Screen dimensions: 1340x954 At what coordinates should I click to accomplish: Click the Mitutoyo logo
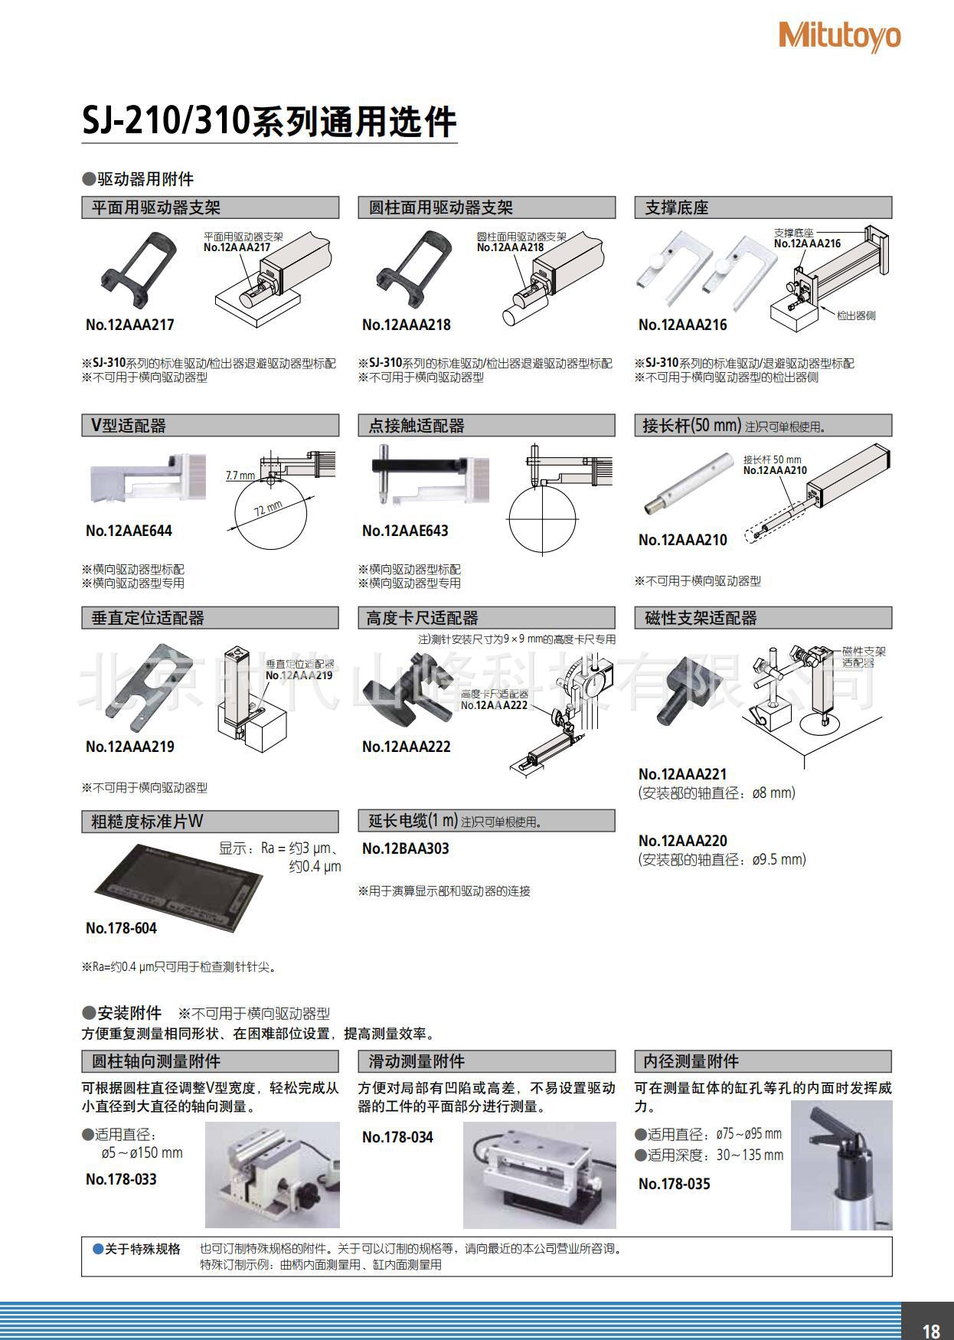click(x=839, y=36)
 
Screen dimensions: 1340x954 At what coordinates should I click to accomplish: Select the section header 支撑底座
click(x=677, y=208)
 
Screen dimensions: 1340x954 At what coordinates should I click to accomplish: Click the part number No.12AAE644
click(x=129, y=531)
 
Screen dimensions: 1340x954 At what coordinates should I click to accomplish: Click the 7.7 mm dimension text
click(x=240, y=476)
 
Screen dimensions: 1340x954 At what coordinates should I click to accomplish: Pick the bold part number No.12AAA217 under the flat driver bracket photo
click(x=130, y=325)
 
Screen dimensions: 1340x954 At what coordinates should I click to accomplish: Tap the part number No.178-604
click(x=121, y=928)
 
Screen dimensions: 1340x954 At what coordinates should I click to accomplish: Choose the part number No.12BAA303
click(x=405, y=848)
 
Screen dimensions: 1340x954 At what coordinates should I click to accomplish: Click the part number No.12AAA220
click(x=682, y=841)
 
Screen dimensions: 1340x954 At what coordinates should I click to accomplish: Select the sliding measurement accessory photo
click(x=539, y=1175)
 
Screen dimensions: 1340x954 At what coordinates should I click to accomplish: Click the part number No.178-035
click(x=674, y=1184)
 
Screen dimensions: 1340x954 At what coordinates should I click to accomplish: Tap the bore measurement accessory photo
click(x=841, y=1165)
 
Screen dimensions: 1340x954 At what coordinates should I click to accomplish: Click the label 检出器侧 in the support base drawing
click(x=855, y=315)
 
